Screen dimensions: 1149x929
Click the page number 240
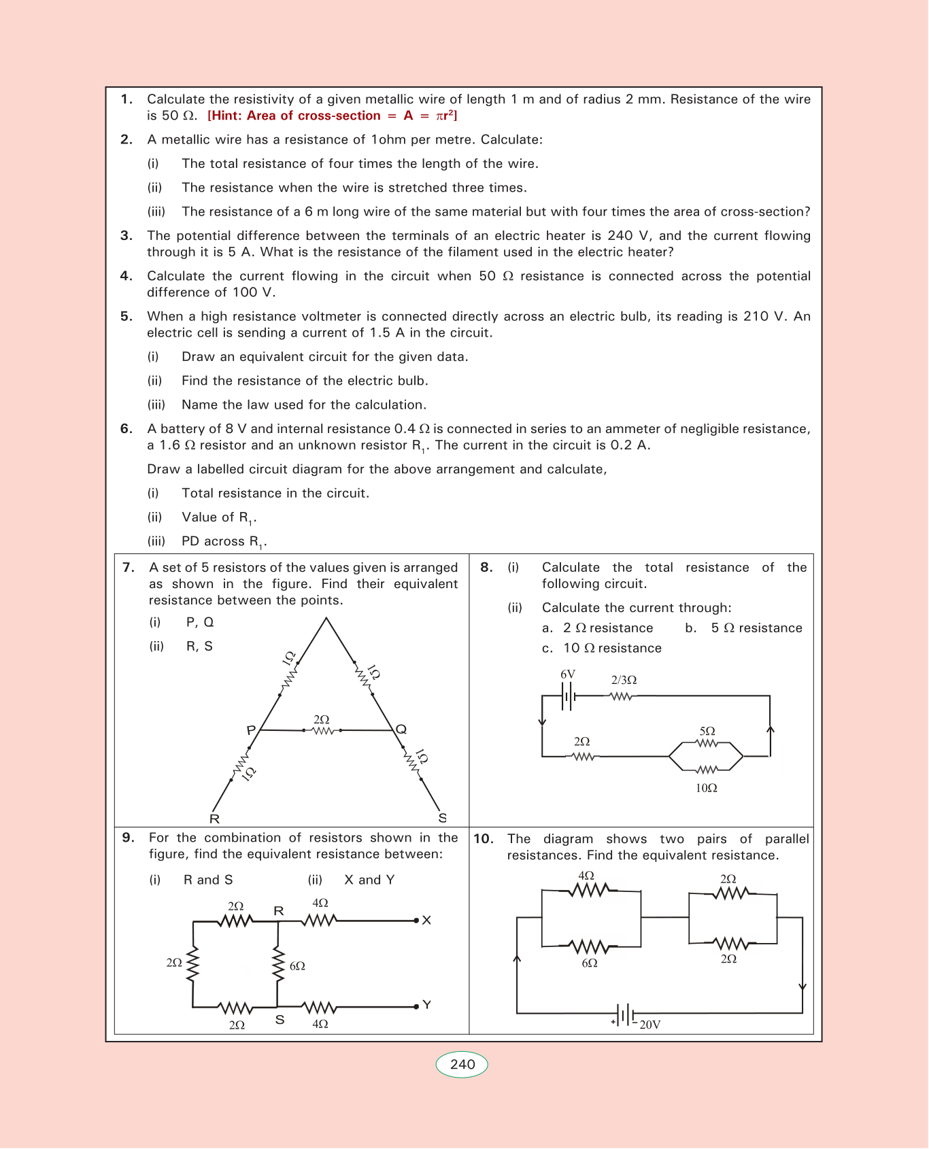(x=462, y=1064)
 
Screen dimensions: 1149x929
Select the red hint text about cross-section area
(x=332, y=116)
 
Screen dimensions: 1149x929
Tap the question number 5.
(x=126, y=316)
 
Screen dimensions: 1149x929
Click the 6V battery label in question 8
(x=568, y=674)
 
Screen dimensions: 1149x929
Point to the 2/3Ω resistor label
(x=624, y=680)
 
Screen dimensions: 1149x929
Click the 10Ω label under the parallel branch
(x=707, y=788)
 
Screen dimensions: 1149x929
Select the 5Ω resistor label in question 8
(x=707, y=731)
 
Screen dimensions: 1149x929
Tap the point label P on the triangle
(x=251, y=730)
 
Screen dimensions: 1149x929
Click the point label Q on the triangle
(x=401, y=730)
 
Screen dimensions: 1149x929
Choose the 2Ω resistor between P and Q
(x=322, y=730)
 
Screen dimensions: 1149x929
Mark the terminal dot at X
(x=416, y=921)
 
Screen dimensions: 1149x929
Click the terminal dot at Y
(x=416, y=1006)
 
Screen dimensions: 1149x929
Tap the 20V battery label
(x=649, y=1025)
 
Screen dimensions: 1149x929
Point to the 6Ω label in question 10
(x=590, y=963)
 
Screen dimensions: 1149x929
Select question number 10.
(x=483, y=839)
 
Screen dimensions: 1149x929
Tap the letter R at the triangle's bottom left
(x=214, y=819)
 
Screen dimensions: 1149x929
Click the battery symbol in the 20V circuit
(x=625, y=1013)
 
